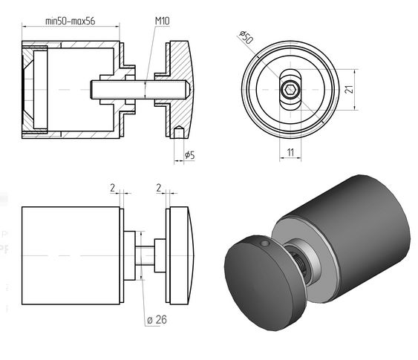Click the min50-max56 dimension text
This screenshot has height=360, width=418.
coord(70,21)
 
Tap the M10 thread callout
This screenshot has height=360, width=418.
coord(162,21)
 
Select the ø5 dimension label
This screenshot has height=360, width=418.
coord(189,155)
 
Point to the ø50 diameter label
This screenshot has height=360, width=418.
coord(246,37)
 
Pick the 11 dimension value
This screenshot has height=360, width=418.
coord(290,152)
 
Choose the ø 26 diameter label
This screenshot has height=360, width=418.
coord(157,319)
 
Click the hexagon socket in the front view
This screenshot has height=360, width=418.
coord(290,90)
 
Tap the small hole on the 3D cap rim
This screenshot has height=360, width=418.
coord(264,243)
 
